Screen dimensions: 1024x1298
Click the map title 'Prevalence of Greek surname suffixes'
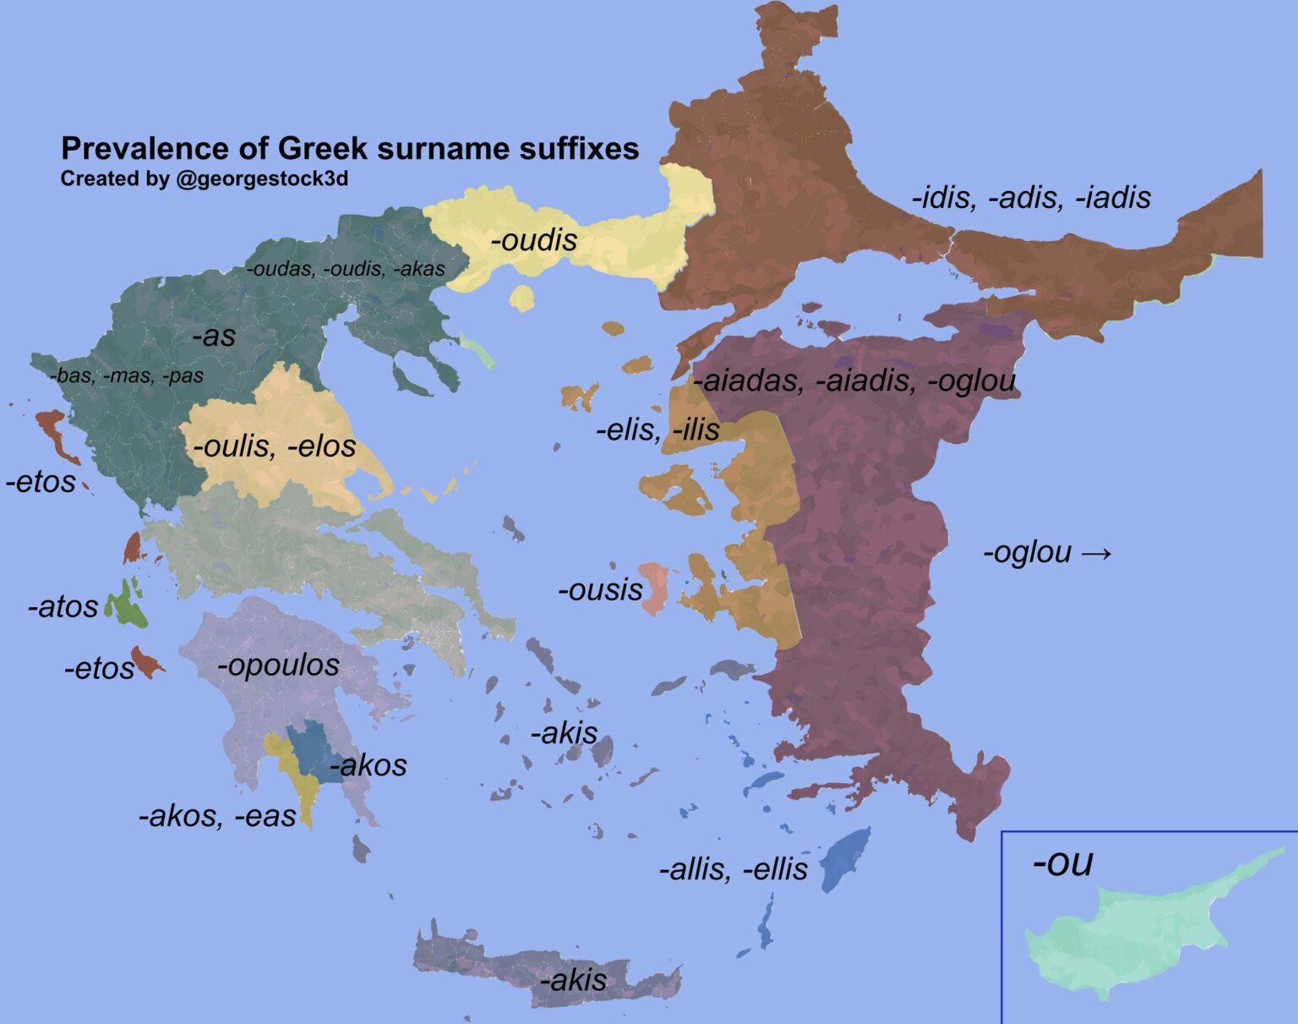[350, 149]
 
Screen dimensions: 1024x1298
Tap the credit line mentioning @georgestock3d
[204, 179]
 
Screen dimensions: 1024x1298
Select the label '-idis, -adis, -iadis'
[1031, 198]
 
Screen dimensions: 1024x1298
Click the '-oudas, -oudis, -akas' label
[345, 270]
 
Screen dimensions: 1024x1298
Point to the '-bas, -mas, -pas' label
[127, 375]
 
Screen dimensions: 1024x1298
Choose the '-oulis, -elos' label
[275, 446]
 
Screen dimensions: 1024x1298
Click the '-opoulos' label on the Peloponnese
[278, 665]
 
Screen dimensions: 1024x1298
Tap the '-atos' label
[63, 607]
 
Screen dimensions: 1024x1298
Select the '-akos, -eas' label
[217, 816]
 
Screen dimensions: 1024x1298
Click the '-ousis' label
[600, 589]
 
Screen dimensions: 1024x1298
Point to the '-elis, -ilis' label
[657, 430]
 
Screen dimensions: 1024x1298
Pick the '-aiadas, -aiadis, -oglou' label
[854, 381]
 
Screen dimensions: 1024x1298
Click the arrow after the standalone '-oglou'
[1096, 553]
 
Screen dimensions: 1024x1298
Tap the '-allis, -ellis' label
[733, 869]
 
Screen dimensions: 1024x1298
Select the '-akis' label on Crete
[573, 980]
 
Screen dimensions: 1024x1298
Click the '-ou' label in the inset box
[1062, 863]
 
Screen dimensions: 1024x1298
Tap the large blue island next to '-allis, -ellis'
[844, 858]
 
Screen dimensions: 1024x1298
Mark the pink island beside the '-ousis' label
[653, 588]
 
